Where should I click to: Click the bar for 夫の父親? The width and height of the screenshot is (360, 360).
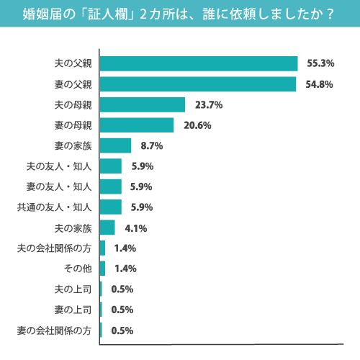click(x=199, y=63)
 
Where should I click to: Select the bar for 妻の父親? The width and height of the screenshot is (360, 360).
click(x=198, y=84)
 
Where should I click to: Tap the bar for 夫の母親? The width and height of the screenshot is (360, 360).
click(x=143, y=104)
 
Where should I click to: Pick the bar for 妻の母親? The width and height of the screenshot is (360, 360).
click(x=137, y=125)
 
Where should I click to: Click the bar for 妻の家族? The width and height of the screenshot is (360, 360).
click(x=115, y=145)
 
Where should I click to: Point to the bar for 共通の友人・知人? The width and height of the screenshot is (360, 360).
click(x=111, y=207)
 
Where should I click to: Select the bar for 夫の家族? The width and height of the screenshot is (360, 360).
click(x=107, y=228)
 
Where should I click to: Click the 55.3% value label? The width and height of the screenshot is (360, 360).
click(x=320, y=63)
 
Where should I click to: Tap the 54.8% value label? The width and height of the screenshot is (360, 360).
click(x=319, y=84)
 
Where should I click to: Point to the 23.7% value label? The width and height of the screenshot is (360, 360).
click(x=208, y=104)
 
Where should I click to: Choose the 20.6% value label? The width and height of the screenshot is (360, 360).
click(x=197, y=125)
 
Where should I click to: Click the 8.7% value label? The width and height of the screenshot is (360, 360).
click(x=152, y=145)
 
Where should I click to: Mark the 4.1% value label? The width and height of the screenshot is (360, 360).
click(x=136, y=228)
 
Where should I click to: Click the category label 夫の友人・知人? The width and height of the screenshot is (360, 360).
click(x=59, y=166)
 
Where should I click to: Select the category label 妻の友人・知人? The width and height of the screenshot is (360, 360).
click(x=59, y=187)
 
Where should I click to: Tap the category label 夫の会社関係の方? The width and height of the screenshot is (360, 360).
click(x=54, y=248)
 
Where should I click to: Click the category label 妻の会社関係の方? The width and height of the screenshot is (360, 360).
click(x=54, y=330)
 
